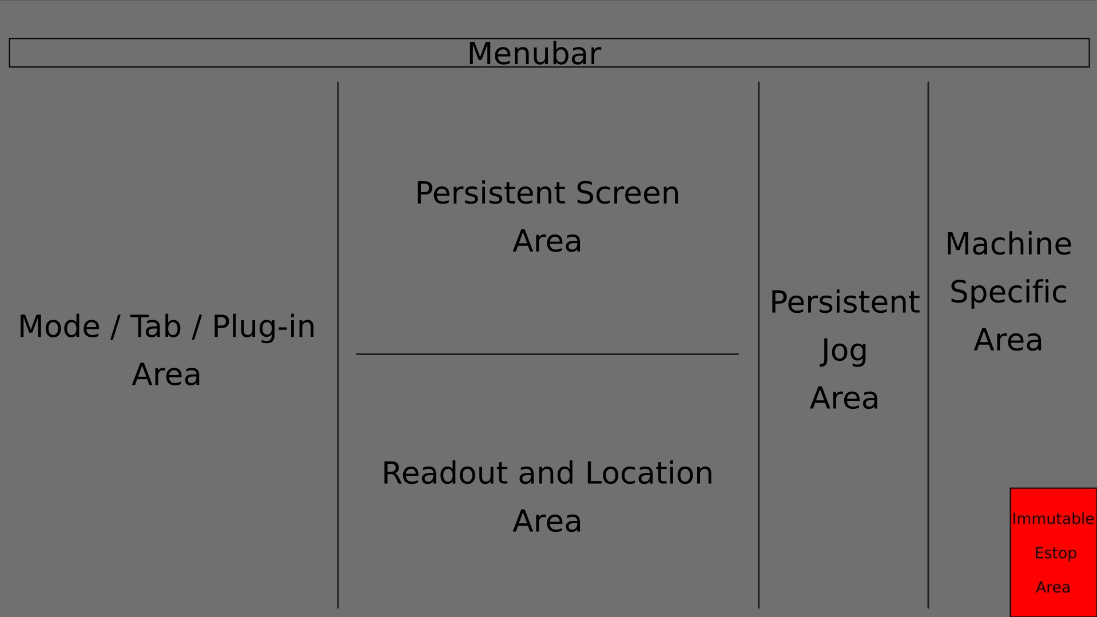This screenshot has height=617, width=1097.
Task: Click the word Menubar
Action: pos(534,54)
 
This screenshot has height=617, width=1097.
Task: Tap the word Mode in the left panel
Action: pos(59,327)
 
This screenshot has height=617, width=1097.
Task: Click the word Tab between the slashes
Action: pos(155,327)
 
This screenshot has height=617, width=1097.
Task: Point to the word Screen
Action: pos(627,193)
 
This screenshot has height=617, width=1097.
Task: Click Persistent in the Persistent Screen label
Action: pos(491,193)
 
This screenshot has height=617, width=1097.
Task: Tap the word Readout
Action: pos(445,473)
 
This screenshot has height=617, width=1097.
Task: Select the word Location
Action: pos(649,473)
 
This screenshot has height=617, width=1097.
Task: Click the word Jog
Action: pos(844,352)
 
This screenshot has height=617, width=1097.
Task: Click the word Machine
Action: pos(1008,244)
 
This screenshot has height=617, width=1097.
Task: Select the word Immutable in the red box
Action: pos(1053,519)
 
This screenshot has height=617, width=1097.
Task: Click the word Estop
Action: pos(1055,554)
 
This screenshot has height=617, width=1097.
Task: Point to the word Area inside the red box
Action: pos(1053,587)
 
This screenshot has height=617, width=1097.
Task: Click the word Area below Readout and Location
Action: pos(547,521)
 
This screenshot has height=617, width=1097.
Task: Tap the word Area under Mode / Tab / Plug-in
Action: pos(166,375)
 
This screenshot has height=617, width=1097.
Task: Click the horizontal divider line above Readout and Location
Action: pos(547,354)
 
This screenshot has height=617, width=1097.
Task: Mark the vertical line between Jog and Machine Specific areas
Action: pos(928,345)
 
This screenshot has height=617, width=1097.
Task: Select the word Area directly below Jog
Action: pos(844,398)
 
